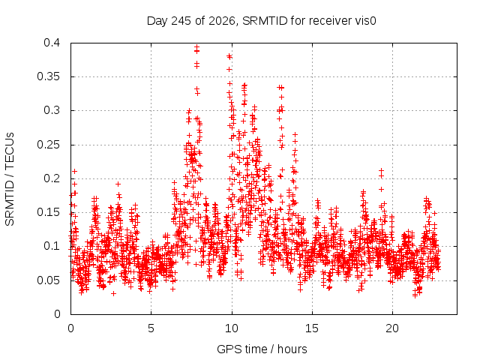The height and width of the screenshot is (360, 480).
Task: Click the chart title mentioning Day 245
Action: pos(262,21)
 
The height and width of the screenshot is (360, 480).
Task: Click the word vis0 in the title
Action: pos(365,21)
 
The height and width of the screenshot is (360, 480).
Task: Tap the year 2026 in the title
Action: pos(222,21)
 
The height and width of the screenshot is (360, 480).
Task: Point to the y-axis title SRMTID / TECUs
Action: pos(10,179)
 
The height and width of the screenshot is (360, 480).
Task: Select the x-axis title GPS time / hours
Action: pos(262,349)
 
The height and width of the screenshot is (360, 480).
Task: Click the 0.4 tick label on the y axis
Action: pos(52,43)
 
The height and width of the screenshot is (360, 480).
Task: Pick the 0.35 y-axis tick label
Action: pos(48,76)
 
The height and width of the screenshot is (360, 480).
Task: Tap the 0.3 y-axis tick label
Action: pos(52,110)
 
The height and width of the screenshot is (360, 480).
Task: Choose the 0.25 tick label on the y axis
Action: pos(48,145)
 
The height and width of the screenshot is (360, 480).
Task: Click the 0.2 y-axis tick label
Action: pos(52,178)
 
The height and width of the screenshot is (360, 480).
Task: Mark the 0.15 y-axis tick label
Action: pos(48,212)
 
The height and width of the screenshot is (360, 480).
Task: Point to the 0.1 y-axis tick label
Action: pos(52,246)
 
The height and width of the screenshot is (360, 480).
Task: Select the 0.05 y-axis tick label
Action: pos(48,280)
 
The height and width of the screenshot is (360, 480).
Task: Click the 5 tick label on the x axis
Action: pos(151,328)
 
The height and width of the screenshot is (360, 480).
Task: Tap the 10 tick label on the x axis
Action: pos(232,328)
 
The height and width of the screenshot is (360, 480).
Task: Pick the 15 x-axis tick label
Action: pos(312,328)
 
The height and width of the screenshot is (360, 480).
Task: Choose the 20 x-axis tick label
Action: pos(392,328)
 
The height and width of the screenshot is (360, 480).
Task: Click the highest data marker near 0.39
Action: pos(196,47)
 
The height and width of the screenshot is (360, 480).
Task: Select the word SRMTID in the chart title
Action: pos(265,21)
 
